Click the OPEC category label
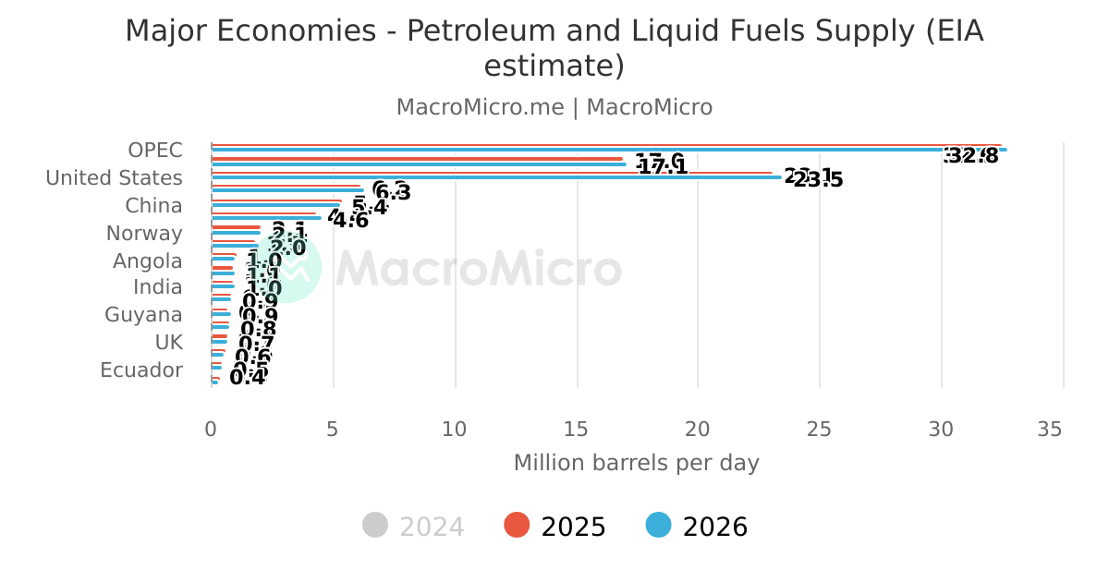[x=155, y=151]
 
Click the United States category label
[x=114, y=178]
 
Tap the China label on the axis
[x=153, y=206]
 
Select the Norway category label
[x=144, y=234]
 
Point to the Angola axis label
[x=147, y=261]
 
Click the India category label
[x=157, y=287]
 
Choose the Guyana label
[x=143, y=315]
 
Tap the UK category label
[x=168, y=343]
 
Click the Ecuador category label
[x=141, y=370]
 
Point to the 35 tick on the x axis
[x=1049, y=430]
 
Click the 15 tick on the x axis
[x=577, y=430]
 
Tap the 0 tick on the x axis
[x=211, y=430]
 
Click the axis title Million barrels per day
[x=636, y=463]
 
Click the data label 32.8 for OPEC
[x=971, y=156]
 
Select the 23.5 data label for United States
[x=818, y=180]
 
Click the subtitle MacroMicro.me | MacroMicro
[x=554, y=107]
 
